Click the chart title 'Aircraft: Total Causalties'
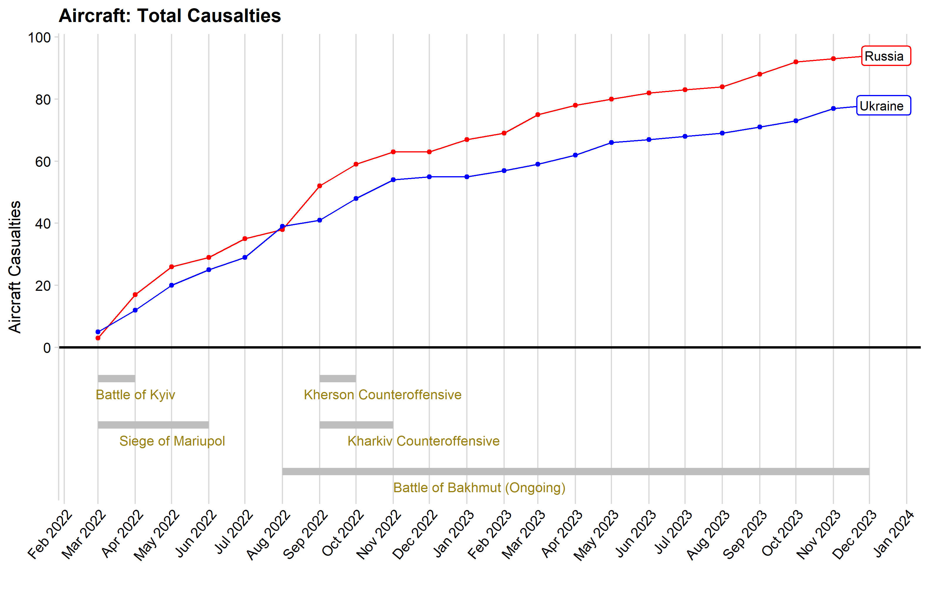click(170, 16)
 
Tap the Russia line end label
click(886, 56)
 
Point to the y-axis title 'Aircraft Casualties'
click(15, 267)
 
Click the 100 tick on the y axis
click(39, 38)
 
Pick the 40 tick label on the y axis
click(43, 224)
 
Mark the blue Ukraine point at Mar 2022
click(98, 332)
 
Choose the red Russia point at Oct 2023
click(796, 62)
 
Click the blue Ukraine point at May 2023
click(611, 143)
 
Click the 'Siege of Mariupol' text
click(172, 441)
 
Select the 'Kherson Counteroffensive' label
click(383, 395)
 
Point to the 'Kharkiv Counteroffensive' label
click(424, 441)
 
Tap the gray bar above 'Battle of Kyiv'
click(116, 379)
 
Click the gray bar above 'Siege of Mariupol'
click(154, 425)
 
